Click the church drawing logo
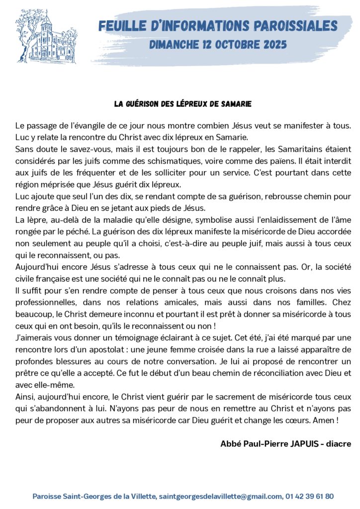point(44,37)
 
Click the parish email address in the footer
point(221,496)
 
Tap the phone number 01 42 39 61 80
point(309,496)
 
